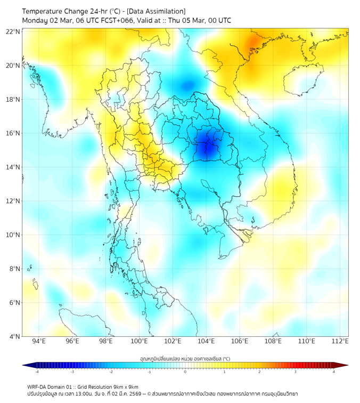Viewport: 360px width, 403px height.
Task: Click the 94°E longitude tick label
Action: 39,341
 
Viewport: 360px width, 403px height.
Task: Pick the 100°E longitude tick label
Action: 139,341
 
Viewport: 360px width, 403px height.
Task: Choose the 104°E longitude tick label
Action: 206,341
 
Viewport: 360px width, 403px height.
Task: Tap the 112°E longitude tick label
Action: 340,341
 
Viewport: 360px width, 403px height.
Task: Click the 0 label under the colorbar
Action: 185,372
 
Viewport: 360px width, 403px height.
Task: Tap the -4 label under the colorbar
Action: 36,372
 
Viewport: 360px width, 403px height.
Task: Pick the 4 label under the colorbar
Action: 334,372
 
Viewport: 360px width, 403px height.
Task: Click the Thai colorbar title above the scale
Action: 185,358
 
